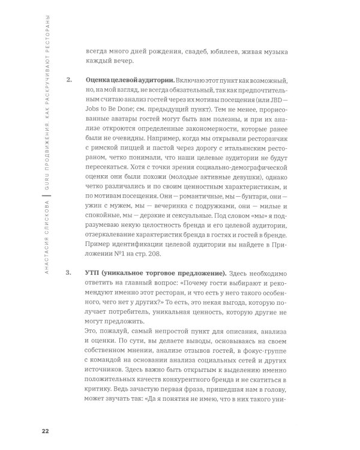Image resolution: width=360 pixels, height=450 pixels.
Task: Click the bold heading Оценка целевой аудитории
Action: coord(123,80)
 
